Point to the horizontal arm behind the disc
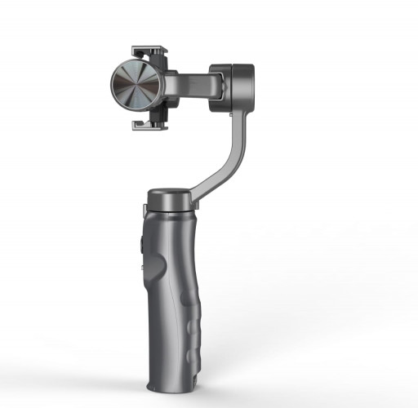point(192,83)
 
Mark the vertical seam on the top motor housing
point(242,87)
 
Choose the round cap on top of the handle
point(170,199)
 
